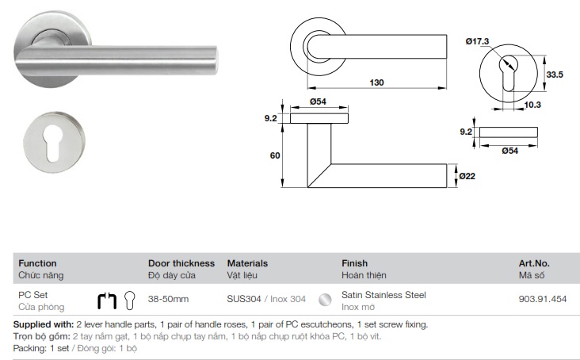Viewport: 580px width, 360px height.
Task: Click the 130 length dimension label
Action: point(376,82)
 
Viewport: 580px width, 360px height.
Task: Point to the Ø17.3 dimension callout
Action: point(477,41)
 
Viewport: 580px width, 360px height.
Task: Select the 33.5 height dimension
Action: point(555,75)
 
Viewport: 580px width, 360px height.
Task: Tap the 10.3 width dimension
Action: point(532,105)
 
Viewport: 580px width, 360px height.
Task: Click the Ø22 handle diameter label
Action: point(467,176)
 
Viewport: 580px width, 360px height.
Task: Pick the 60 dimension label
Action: point(275,155)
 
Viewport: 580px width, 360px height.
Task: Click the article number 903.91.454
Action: point(542,299)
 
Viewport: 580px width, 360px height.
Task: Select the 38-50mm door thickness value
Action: point(168,299)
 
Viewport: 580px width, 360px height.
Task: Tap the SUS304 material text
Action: point(244,299)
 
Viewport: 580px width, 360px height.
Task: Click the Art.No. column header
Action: point(534,263)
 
